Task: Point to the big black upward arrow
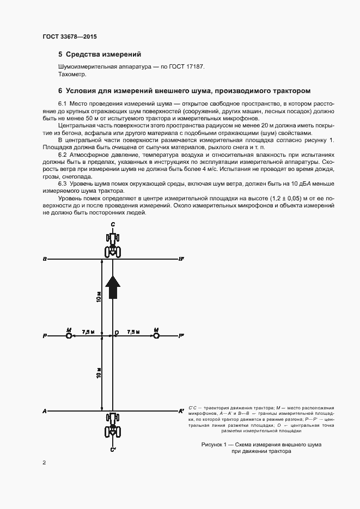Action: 112,287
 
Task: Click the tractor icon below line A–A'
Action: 113,425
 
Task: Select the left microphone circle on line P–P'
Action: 69,336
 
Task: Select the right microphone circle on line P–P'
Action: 156,336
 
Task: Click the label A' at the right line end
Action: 181,411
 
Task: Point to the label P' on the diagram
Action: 181,337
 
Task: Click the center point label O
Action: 116,332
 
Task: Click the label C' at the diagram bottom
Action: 113,450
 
